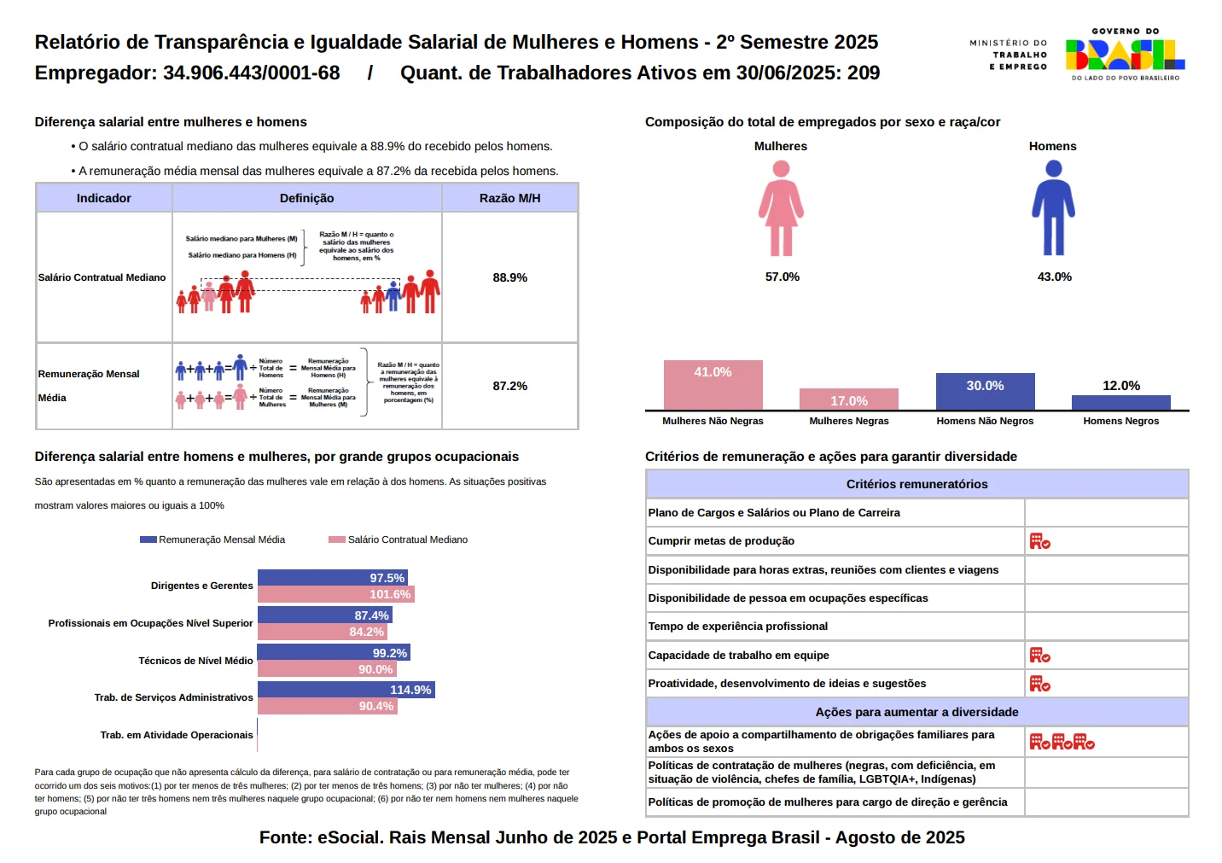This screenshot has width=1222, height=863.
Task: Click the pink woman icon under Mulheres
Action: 781,208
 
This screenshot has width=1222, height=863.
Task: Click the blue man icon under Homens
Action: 1053,208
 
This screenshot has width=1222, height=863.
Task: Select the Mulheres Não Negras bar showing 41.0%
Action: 713,385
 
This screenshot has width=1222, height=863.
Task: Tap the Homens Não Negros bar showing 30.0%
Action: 985,392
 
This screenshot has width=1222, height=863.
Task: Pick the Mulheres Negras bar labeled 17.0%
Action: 848,399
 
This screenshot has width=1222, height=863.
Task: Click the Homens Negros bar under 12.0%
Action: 1120,402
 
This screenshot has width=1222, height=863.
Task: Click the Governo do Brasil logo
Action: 1125,55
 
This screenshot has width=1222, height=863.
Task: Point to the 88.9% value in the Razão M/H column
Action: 509,277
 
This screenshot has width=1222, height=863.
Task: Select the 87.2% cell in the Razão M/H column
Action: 509,386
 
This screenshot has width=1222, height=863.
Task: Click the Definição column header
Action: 306,198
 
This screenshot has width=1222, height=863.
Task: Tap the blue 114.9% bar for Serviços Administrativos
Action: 346,690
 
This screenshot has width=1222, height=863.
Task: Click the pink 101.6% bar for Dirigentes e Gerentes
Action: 335,594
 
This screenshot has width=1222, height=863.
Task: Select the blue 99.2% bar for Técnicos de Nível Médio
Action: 333,653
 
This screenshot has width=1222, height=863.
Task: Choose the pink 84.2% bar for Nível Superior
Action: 322,632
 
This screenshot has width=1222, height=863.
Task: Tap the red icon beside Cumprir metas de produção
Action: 1039,541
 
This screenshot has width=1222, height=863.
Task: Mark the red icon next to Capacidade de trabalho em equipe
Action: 1039,656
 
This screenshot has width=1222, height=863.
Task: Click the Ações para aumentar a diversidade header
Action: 916,712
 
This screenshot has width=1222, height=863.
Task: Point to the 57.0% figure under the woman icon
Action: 782,277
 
